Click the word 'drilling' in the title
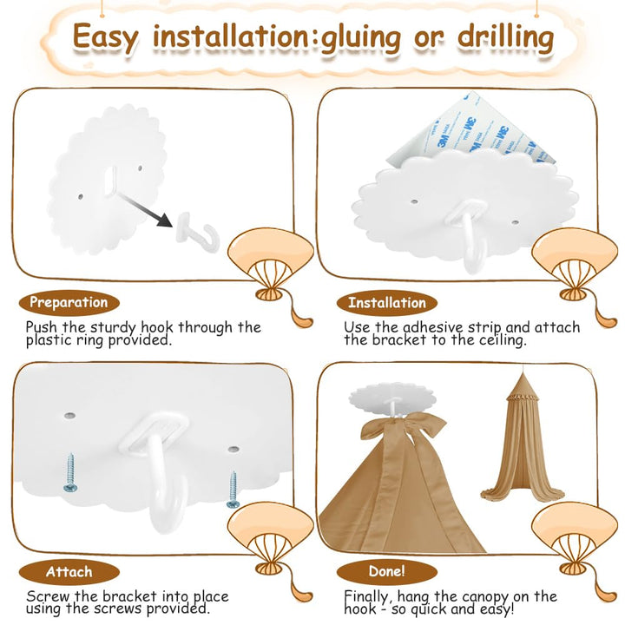[x=505, y=37]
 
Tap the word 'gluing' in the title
[x=361, y=38]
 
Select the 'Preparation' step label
[x=69, y=303]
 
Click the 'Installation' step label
[x=387, y=303]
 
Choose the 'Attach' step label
[x=69, y=572]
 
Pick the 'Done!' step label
[x=387, y=571]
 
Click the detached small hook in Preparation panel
[x=198, y=233]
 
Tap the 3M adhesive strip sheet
[x=474, y=132]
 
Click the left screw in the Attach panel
[x=70, y=472]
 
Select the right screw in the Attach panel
[x=233, y=490]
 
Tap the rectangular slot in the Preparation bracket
[x=111, y=181]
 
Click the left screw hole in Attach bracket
[x=69, y=416]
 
